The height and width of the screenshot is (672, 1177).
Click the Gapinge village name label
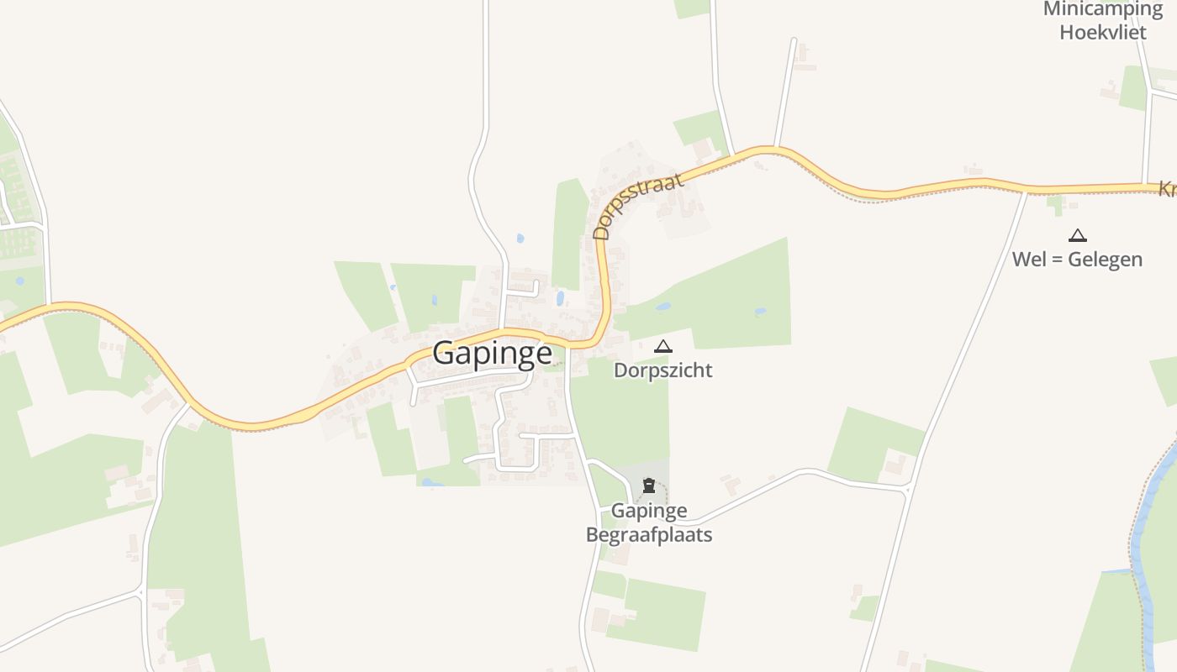[x=492, y=353]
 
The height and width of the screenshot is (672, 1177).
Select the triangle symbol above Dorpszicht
[x=663, y=346]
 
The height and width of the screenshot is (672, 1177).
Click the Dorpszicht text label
[x=662, y=370]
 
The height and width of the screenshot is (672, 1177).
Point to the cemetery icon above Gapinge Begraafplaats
[x=648, y=486]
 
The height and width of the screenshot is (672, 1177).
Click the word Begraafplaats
[x=648, y=534]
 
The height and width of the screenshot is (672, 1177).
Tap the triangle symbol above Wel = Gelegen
[x=1077, y=235]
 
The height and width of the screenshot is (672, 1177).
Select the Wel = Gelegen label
[x=1077, y=259]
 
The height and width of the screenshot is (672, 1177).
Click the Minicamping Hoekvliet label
[x=1102, y=21]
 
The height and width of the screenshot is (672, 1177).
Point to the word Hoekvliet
[x=1102, y=33]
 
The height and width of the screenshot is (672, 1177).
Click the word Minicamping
[x=1102, y=9]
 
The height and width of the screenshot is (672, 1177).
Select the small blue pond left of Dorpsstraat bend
[x=560, y=298]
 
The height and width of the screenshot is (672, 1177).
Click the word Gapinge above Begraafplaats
[x=648, y=511]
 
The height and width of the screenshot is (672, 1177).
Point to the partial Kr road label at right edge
[x=1167, y=190]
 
